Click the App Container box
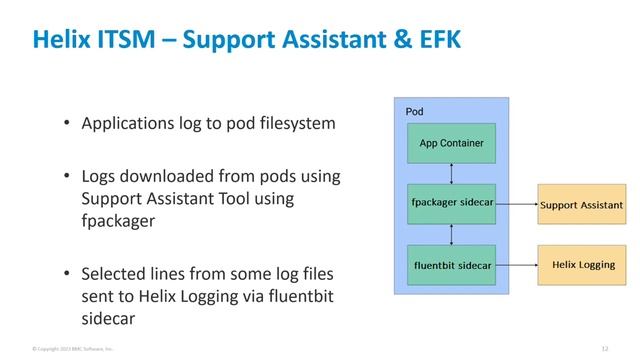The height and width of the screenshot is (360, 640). point(451,143)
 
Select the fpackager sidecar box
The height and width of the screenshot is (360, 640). point(451,204)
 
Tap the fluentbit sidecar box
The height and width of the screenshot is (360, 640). point(451,265)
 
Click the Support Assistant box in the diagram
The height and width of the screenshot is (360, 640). point(581,204)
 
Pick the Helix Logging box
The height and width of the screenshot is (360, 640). point(581,265)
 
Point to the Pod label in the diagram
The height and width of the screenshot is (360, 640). point(414,111)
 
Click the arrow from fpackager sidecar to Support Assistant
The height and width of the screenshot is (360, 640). point(517,204)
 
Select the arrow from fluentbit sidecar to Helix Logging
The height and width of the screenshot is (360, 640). point(517,265)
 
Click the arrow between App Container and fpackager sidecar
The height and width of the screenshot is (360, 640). point(452,173)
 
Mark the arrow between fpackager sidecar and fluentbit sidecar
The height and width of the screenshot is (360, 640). point(452,234)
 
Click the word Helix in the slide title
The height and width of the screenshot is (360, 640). point(62,39)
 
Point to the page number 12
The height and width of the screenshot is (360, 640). point(605,348)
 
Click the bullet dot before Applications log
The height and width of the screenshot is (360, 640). point(66,126)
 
